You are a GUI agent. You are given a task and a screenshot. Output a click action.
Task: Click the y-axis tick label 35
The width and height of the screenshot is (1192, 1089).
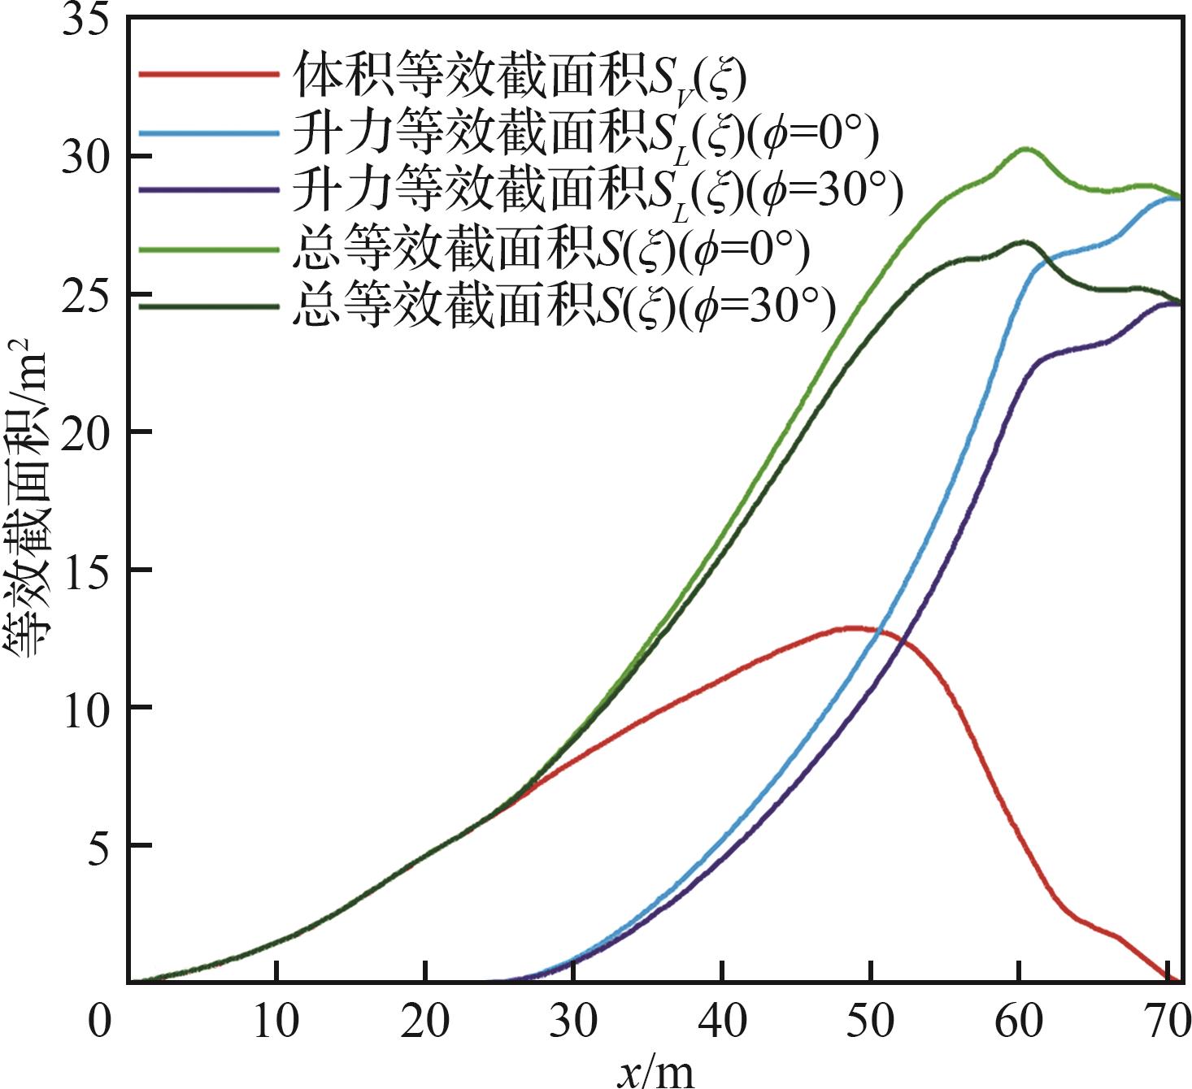click(x=85, y=20)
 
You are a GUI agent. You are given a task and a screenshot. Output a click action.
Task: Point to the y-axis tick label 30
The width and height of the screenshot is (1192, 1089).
click(x=85, y=156)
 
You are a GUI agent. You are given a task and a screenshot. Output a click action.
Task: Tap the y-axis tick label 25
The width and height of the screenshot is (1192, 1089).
click(x=85, y=294)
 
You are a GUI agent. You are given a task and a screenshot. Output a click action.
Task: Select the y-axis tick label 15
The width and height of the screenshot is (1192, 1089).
click(x=85, y=569)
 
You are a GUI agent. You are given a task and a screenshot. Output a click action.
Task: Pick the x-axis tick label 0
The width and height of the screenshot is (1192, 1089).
click(x=99, y=1022)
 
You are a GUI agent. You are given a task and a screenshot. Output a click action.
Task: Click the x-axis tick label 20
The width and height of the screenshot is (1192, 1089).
click(x=424, y=1022)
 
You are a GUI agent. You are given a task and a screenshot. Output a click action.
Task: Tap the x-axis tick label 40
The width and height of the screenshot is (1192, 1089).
click(x=722, y=1022)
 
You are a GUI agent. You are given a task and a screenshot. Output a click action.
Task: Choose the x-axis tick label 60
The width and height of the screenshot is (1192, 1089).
click(x=1019, y=1022)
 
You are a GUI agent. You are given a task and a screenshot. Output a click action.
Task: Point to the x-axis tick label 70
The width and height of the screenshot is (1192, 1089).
click(x=1164, y=1022)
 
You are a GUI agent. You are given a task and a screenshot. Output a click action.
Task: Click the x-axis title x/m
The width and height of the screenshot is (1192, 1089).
click(x=655, y=1071)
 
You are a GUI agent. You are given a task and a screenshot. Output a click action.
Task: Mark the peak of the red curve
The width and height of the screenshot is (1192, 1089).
click(x=854, y=627)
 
